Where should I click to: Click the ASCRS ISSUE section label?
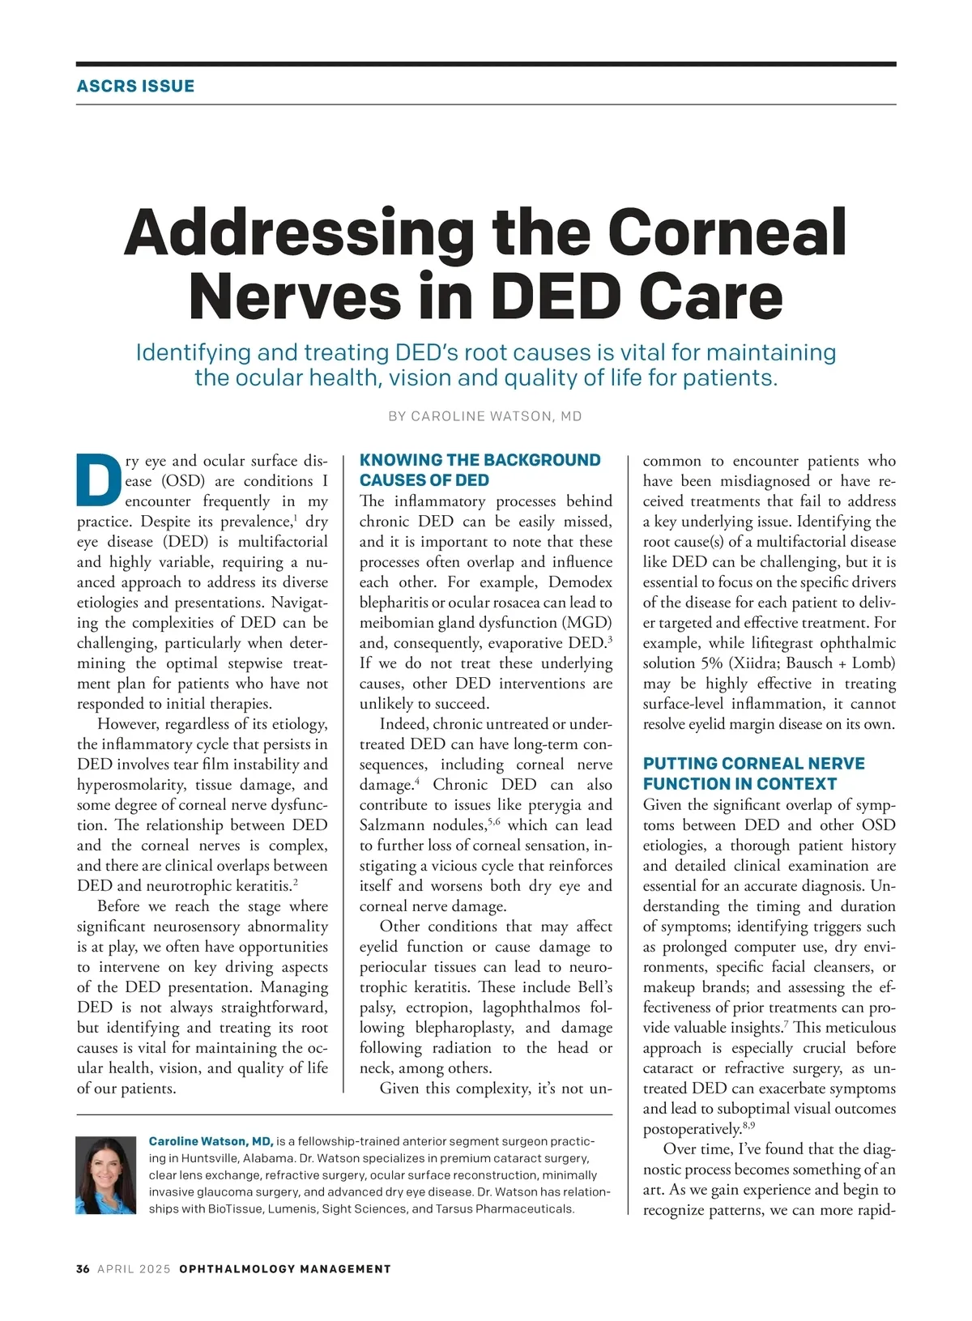point(135,86)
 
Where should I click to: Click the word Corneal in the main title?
point(727,232)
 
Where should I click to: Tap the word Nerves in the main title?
point(295,296)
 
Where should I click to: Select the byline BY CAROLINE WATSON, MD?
point(485,416)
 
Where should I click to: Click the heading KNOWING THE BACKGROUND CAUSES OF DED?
point(480,470)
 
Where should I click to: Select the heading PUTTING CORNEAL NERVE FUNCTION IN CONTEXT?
point(753,773)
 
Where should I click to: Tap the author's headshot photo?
point(106,1175)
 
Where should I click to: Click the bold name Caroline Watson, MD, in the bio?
point(211,1141)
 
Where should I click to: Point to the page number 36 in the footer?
point(83,1269)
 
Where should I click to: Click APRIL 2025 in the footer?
point(134,1269)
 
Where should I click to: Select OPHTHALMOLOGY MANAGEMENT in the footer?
point(285,1269)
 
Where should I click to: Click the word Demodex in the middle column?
point(580,582)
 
